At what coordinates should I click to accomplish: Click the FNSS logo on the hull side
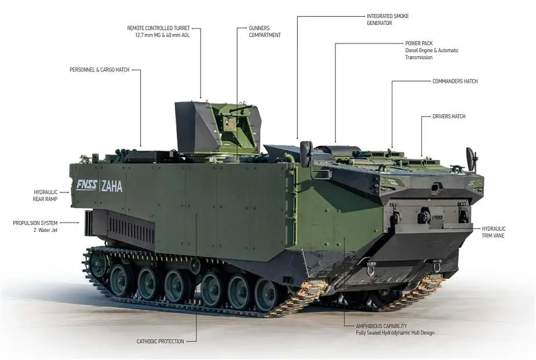click(x=86, y=184)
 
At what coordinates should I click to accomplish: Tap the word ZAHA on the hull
click(x=112, y=187)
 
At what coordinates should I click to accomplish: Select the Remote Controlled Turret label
click(x=159, y=28)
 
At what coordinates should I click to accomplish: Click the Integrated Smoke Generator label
click(x=388, y=20)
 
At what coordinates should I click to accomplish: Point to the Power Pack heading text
click(x=419, y=43)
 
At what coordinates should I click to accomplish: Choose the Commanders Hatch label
click(x=455, y=81)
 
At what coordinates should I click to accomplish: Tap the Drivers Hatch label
click(x=449, y=117)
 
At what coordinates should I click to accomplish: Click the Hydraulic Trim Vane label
click(x=493, y=232)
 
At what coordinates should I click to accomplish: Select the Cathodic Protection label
click(x=161, y=341)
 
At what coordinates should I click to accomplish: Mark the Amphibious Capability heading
click(x=381, y=326)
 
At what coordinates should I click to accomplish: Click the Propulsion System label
click(x=35, y=223)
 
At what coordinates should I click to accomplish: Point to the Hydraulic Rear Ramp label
click(x=45, y=195)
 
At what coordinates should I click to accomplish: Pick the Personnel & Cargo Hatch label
click(x=100, y=70)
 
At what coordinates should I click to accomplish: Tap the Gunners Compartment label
click(x=265, y=31)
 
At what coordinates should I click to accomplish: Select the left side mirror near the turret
click(x=307, y=154)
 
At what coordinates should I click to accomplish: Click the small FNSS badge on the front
click(x=437, y=217)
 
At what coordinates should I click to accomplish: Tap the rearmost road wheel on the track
click(x=99, y=264)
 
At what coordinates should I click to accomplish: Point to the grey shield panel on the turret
click(x=197, y=127)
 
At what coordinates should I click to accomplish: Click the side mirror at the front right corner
click(x=471, y=159)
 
